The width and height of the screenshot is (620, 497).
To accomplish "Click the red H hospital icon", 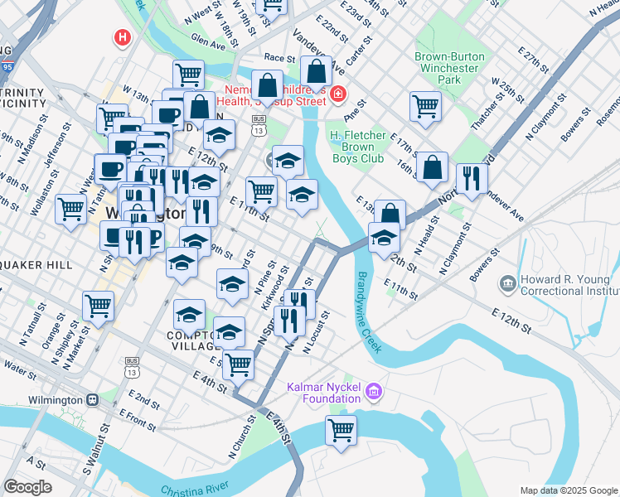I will [x=123, y=37].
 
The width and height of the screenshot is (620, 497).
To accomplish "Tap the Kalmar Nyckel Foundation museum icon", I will [x=374, y=389].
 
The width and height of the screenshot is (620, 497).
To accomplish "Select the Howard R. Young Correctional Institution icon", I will [x=507, y=284].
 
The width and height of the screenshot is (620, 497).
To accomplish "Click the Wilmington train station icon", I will [x=92, y=399].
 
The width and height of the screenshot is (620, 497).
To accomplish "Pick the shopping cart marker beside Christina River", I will [x=341, y=432].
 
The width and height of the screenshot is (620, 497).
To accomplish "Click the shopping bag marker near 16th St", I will [x=432, y=168].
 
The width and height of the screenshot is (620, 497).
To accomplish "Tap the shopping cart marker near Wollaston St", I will [x=71, y=207].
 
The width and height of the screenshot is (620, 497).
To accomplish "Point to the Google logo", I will [x=28, y=487].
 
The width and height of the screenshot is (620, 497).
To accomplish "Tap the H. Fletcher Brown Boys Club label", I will [x=357, y=147].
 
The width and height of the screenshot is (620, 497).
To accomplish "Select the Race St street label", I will [x=279, y=59].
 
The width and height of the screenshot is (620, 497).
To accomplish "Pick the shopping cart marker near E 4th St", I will [x=238, y=364].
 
